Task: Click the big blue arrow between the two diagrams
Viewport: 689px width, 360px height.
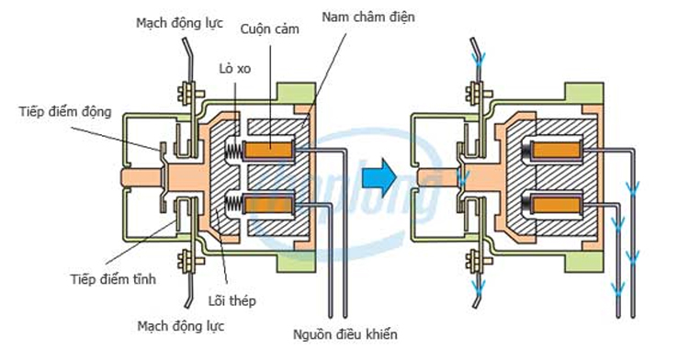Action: point(377,173)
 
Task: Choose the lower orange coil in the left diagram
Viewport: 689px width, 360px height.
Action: point(273,202)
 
